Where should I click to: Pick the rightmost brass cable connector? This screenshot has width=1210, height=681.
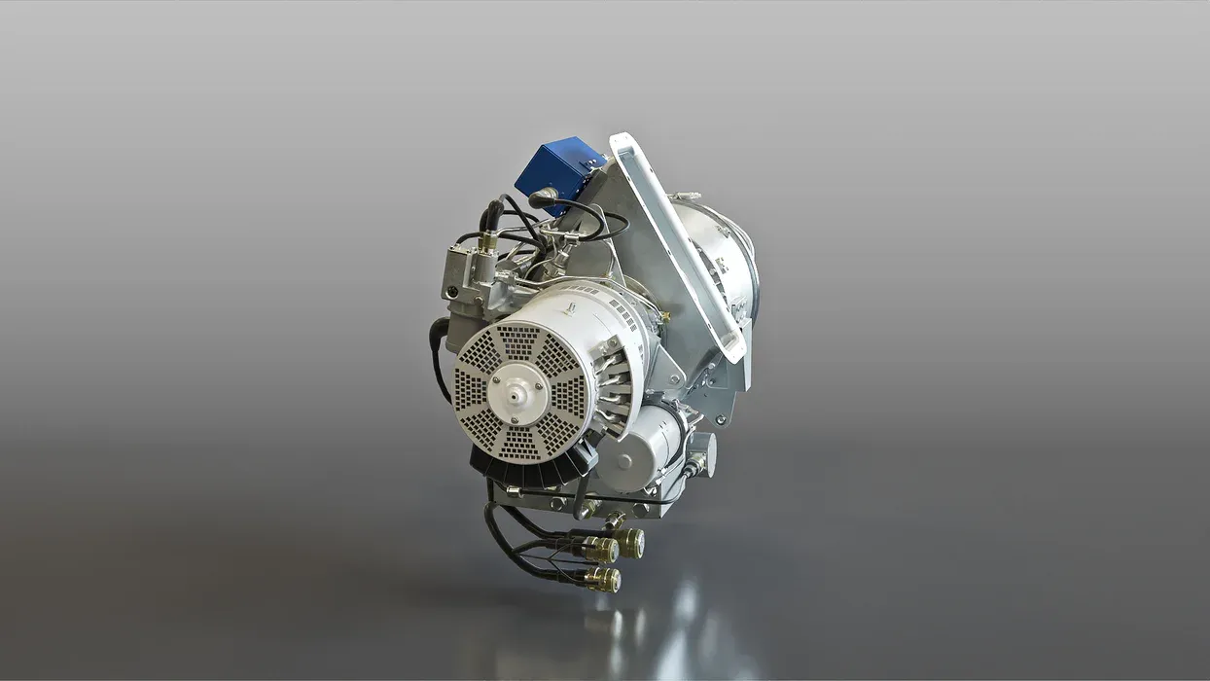coord(632,542)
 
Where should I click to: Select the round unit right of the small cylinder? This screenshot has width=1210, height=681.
coord(701,452)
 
